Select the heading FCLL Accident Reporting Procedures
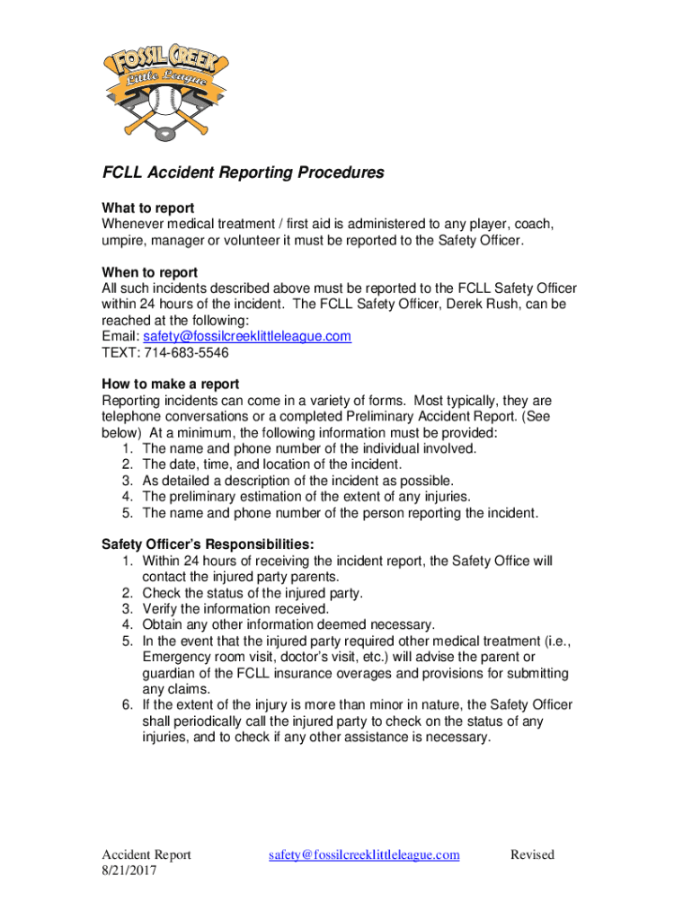click(243, 172)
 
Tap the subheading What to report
click(147, 208)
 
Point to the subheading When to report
click(149, 272)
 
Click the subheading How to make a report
click(170, 384)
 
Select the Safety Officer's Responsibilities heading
click(208, 544)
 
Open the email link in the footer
click(364, 854)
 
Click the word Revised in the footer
click(532, 854)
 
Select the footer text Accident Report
click(146, 854)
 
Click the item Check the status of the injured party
click(253, 593)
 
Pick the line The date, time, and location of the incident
click(272, 464)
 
